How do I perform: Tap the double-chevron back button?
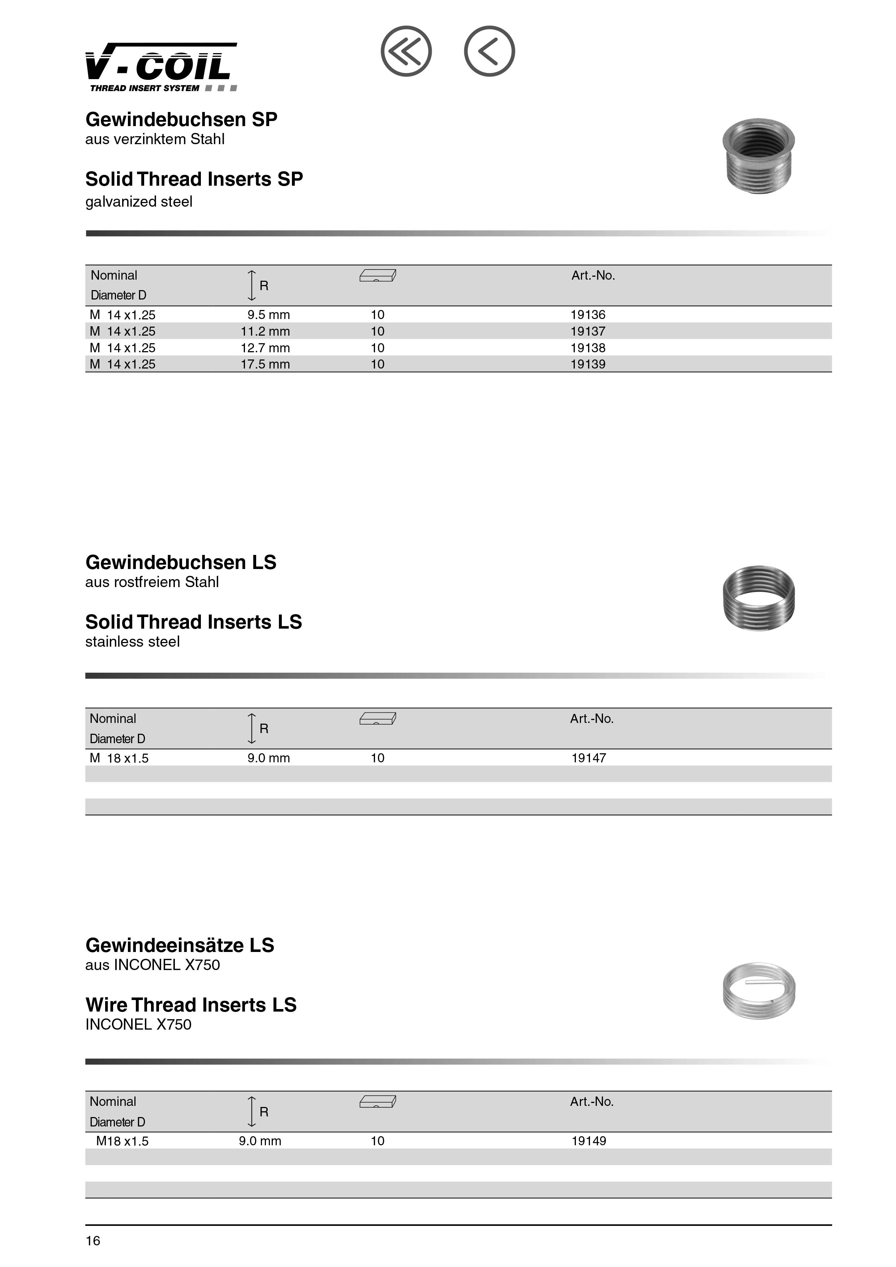(406, 51)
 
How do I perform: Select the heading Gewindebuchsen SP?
(181, 120)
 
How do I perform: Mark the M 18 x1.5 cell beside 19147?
(119, 758)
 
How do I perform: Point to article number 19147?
(588, 758)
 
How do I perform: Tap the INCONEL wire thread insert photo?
(759, 991)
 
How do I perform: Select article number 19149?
(588, 1141)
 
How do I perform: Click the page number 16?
(93, 1241)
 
